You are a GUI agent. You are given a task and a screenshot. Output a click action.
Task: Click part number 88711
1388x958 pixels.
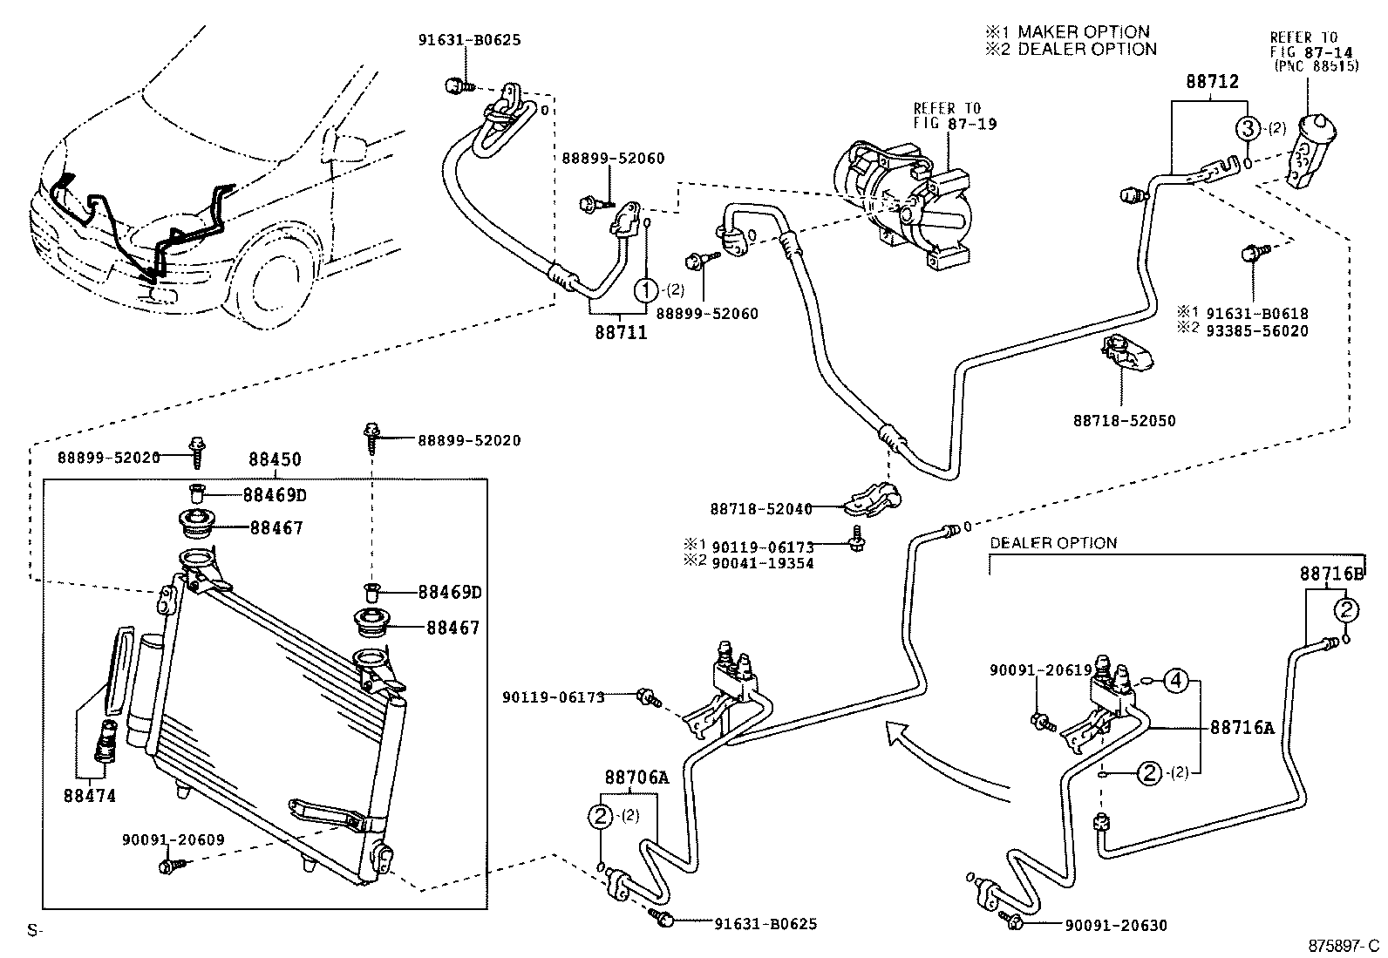click(621, 332)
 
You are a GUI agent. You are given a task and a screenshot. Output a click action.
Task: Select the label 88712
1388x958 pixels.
click(1212, 83)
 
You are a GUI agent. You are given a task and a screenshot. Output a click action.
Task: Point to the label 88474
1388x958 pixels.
click(89, 796)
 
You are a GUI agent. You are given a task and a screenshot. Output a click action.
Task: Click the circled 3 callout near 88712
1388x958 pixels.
click(1249, 128)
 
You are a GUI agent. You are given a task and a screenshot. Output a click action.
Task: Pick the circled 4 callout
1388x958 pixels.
click(1177, 680)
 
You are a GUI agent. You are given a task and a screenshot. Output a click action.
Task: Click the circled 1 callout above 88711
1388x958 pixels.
click(645, 289)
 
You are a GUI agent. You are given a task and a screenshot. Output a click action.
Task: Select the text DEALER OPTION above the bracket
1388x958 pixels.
click(1052, 543)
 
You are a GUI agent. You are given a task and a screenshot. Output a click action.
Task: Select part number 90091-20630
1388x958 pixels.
click(1114, 926)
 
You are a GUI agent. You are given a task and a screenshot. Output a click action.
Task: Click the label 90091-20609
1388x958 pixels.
click(173, 840)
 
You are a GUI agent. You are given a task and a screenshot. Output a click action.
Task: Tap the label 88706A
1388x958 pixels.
click(636, 777)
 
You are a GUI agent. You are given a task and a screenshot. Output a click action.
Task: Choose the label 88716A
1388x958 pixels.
click(1242, 728)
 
